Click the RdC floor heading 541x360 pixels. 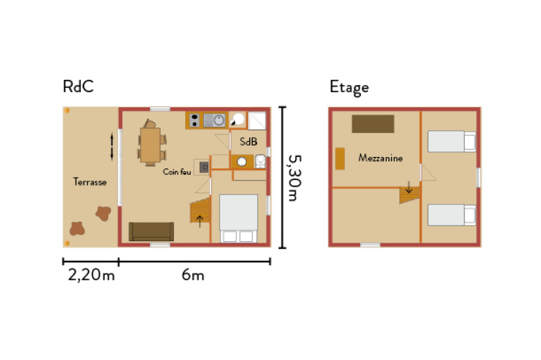78,87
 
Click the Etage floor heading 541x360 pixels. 349,87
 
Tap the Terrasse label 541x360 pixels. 90,182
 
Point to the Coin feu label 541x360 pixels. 176,171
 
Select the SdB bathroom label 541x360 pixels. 249,142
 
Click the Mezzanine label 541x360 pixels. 380,158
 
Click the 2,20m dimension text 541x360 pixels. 90,274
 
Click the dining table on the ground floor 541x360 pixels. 151,145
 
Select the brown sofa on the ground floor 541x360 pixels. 151,231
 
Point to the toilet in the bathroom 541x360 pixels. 259,162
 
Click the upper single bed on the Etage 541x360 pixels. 452,141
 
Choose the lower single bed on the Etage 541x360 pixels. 452,215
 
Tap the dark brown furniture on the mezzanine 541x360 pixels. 372,124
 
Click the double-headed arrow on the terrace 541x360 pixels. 112,145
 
